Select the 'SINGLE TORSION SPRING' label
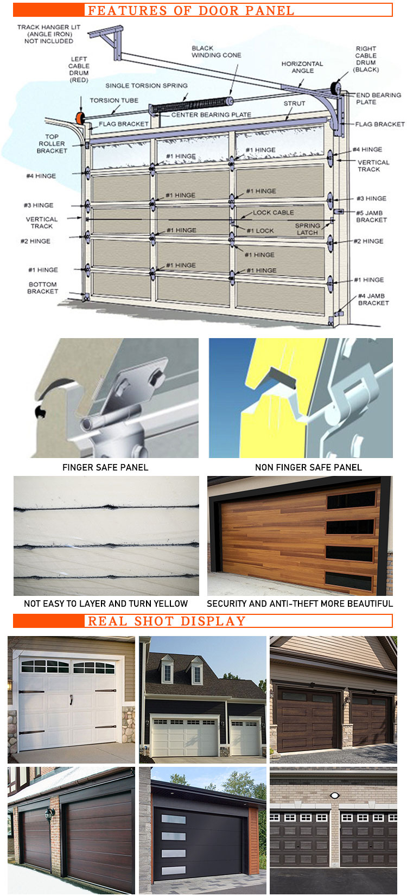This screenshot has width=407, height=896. (x=147, y=86)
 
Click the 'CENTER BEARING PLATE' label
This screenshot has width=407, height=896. (x=211, y=115)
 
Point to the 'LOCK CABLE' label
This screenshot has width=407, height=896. (x=273, y=212)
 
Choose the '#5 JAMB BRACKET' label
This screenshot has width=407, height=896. (x=371, y=217)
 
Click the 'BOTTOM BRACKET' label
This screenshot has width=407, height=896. (x=42, y=288)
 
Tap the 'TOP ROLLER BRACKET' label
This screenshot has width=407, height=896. (x=52, y=144)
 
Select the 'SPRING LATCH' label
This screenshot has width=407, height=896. (x=308, y=229)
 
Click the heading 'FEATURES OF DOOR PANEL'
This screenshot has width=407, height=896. (x=191, y=10)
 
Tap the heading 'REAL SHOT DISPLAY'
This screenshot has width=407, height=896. (x=166, y=621)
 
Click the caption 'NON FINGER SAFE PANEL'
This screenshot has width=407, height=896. (x=308, y=467)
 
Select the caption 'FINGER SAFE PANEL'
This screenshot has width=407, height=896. (x=105, y=467)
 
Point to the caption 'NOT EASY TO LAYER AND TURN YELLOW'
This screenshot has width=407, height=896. (x=105, y=603)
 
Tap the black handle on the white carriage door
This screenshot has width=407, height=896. (x=71, y=700)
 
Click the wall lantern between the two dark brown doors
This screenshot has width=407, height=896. (x=50, y=814)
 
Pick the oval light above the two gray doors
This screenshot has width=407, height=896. (x=335, y=796)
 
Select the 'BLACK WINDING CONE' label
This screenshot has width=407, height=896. (x=217, y=52)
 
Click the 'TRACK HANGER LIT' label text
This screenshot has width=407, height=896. (x=49, y=27)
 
